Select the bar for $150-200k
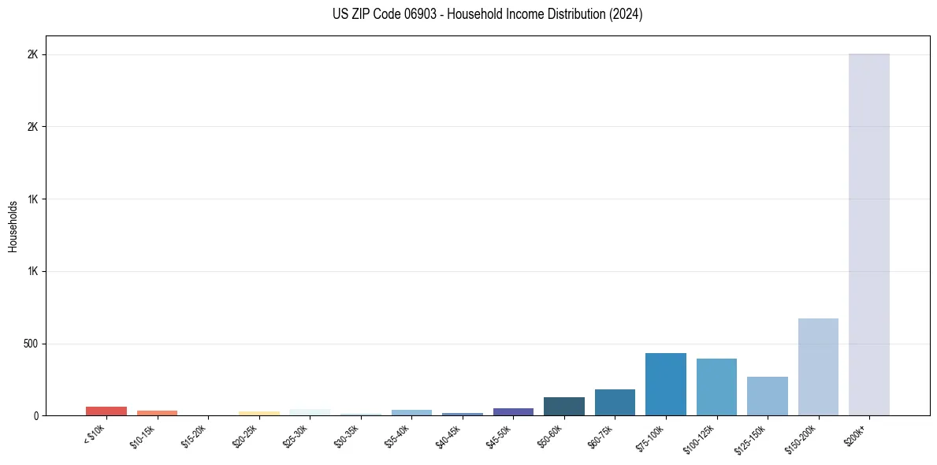click(x=818, y=367)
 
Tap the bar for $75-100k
click(x=665, y=385)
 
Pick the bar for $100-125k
click(x=716, y=387)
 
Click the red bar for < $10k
click(x=106, y=411)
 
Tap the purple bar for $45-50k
click(x=513, y=411)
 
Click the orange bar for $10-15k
click(x=157, y=413)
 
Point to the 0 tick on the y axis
click(x=35, y=416)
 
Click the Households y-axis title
click(x=13, y=226)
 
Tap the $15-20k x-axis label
click(x=195, y=433)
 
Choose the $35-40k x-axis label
click(x=399, y=433)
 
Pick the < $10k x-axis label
click(x=95, y=433)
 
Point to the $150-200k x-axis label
click(x=802, y=436)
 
